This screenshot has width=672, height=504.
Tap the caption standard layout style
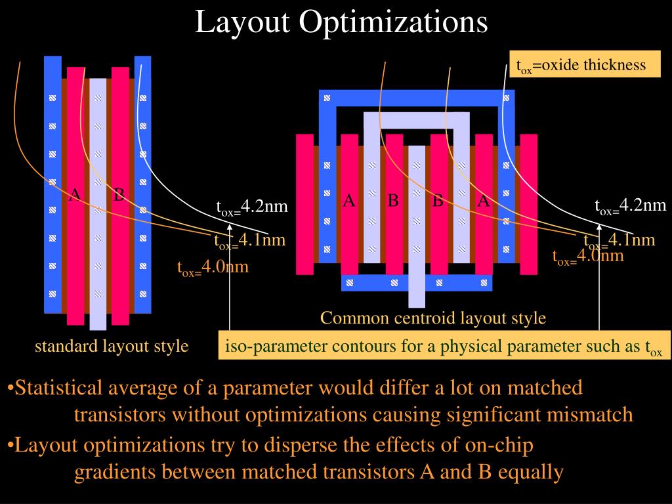[x=112, y=346]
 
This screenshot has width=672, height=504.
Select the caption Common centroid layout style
[x=433, y=319]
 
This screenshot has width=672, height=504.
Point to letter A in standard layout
[x=75, y=194]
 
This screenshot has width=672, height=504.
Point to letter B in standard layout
[x=119, y=194]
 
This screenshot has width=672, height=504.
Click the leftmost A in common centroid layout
[x=349, y=201]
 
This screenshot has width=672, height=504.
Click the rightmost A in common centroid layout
[x=484, y=201]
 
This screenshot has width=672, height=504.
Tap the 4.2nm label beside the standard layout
[x=253, y=207]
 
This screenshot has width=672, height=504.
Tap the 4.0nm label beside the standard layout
[x=213, y=268]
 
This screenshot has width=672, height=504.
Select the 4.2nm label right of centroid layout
[x=631, y=205]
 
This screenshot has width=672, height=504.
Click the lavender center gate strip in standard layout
[x=98, y=203]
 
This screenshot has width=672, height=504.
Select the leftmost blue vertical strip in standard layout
[x=52, y=184]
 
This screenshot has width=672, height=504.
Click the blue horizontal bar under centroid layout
[x=416, y=283]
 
